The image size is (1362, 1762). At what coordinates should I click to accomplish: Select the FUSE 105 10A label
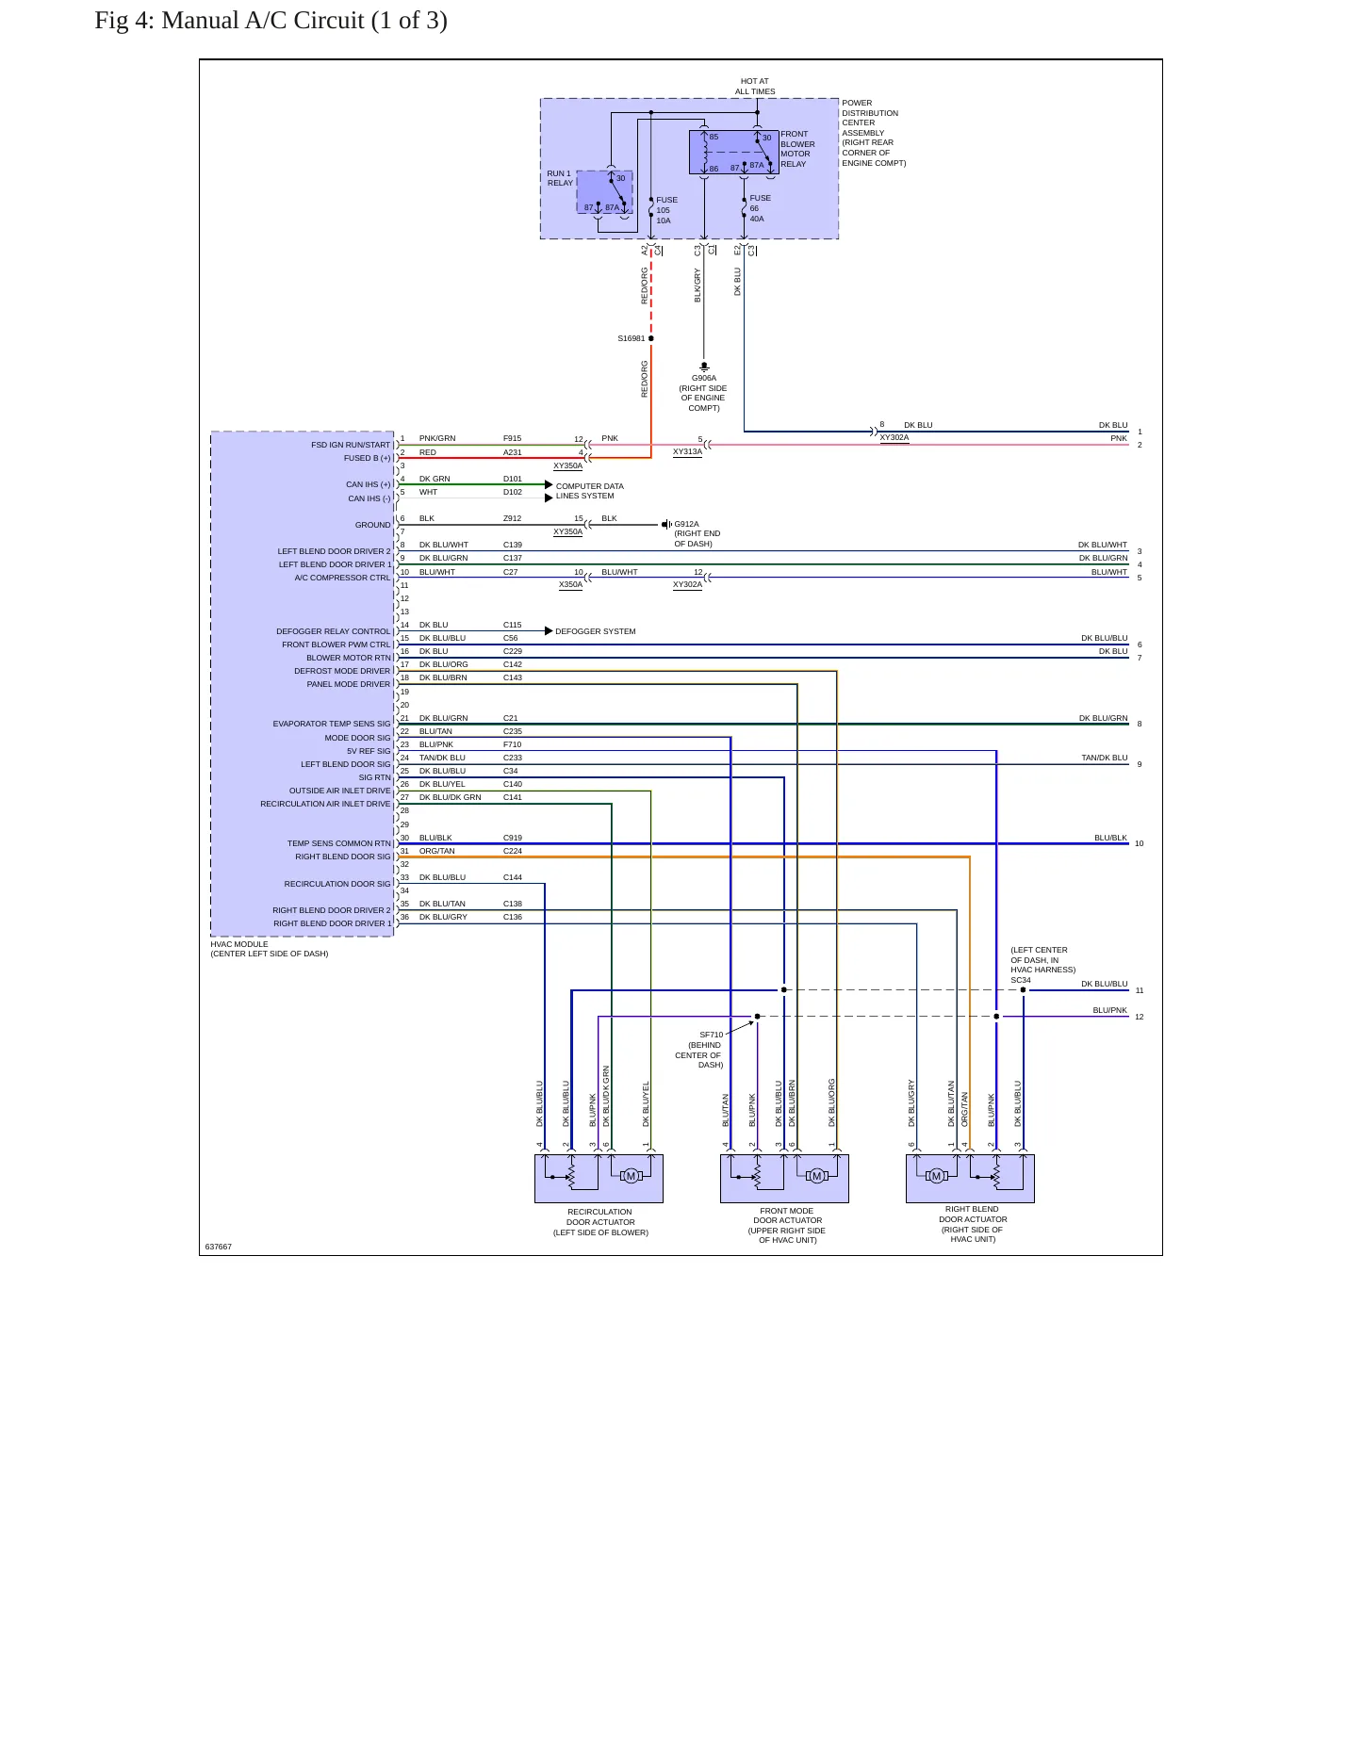coord(666,210)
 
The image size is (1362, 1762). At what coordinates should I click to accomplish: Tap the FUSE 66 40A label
coord(760,208)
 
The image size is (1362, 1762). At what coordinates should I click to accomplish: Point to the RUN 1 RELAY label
coord(560,178)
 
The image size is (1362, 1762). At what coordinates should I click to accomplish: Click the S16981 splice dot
coord(650,338)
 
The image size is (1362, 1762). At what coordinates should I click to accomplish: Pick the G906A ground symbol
coord(704,366)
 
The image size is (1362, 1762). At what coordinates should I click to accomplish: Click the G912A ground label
coord(686,524)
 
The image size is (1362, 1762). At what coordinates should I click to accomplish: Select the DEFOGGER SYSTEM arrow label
coord(595,631)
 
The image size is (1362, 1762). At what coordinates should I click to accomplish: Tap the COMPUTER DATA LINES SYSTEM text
coord(589,491)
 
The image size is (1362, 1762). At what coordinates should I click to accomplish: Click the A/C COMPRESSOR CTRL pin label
coord(342,578)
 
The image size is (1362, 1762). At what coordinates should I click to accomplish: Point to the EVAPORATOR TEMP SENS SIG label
coord(332,724)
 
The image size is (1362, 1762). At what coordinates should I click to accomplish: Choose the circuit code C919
coord(512,838)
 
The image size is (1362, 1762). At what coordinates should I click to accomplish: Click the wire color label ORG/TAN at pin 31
coord(436,851)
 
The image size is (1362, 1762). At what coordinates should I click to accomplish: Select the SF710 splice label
coord(711,1035)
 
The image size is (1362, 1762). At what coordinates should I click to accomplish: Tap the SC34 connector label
coord(1021,980)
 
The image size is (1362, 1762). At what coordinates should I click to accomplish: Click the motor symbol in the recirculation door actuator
coord(631,1175)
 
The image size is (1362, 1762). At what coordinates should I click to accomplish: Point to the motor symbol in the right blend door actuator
coord(936,1175)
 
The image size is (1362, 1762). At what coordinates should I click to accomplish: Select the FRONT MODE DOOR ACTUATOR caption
coord(787,1225)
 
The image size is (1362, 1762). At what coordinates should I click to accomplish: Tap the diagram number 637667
coord(219,1247)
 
